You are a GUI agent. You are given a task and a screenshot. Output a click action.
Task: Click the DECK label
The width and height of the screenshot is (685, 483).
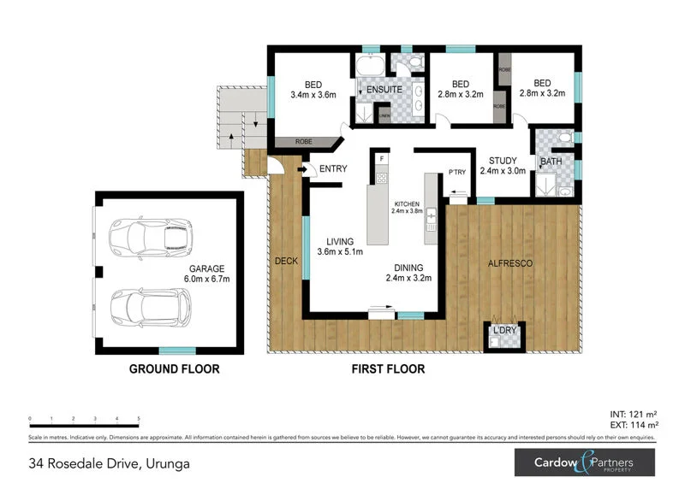tap(286, 261)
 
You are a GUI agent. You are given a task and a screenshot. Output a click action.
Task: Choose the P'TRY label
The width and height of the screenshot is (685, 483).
tap(457, 174)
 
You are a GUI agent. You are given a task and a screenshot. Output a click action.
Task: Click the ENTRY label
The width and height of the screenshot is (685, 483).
tap(332, 168)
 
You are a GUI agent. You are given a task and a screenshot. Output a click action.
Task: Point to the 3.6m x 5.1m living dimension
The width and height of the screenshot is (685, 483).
tap(340, 251)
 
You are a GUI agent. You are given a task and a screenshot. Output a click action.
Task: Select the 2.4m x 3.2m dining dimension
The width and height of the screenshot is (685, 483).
tap(408, 278)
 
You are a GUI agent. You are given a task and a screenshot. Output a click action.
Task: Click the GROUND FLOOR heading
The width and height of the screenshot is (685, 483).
tap(174, 370)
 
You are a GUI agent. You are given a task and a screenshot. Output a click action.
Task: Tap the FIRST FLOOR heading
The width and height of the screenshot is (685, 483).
tap(389, 370)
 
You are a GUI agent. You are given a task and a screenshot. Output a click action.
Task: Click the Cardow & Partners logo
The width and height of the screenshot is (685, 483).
tap(584, 463)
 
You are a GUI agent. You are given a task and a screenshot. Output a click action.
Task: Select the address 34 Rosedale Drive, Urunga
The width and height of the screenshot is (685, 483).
tap(108, 464)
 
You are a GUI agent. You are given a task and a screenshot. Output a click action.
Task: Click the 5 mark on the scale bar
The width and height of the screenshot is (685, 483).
tap(139, 419)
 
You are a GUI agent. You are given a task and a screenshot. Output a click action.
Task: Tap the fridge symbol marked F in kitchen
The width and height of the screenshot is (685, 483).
tap(382, 158)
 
